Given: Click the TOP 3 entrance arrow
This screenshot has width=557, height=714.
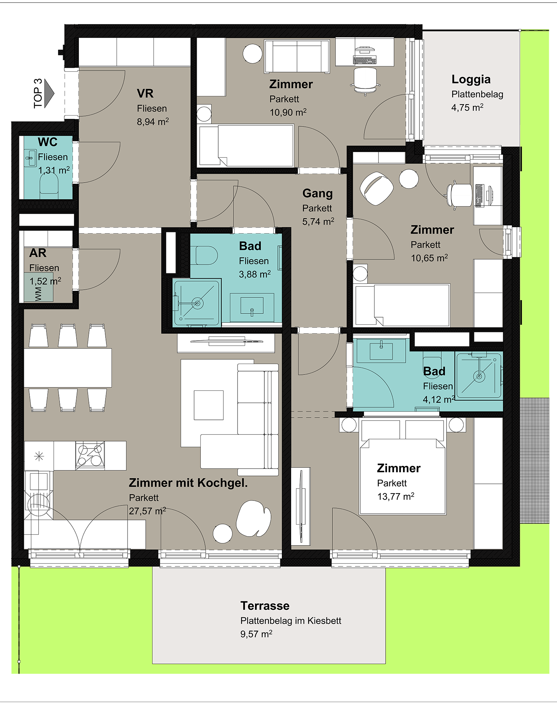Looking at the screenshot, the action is [49, 93].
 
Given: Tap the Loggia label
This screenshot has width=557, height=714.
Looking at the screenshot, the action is [471, 79].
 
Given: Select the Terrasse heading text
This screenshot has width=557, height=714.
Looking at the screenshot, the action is [265, 606].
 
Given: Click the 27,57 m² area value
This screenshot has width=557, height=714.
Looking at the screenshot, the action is [147, 511].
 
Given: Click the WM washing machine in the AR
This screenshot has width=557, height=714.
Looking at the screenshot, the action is [39, 287].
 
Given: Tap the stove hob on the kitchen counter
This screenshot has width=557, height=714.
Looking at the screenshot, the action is [90, 456].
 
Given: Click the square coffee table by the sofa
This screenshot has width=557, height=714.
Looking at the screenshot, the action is [209, 405].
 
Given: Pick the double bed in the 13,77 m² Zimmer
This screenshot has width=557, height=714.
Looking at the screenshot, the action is [403, 466].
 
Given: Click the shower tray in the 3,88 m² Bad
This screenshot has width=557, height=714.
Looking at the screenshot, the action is [197, 303].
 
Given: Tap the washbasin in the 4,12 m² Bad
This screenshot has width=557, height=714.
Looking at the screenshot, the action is [381, 351].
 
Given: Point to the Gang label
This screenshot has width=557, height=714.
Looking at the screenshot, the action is [318, 193].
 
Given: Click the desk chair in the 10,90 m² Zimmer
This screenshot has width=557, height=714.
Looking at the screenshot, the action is [365, 80].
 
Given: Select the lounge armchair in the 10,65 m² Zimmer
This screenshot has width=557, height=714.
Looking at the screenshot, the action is [377, 188].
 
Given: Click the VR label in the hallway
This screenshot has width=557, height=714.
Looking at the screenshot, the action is [145, 93].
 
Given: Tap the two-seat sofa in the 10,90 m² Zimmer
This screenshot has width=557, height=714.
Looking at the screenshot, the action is [297, 57].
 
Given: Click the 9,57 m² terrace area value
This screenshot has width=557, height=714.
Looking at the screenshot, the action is [256, 634].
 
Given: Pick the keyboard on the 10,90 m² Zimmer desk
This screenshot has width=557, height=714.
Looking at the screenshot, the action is [365, 59].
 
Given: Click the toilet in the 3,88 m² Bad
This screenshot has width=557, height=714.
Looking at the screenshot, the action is [206, 255].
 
